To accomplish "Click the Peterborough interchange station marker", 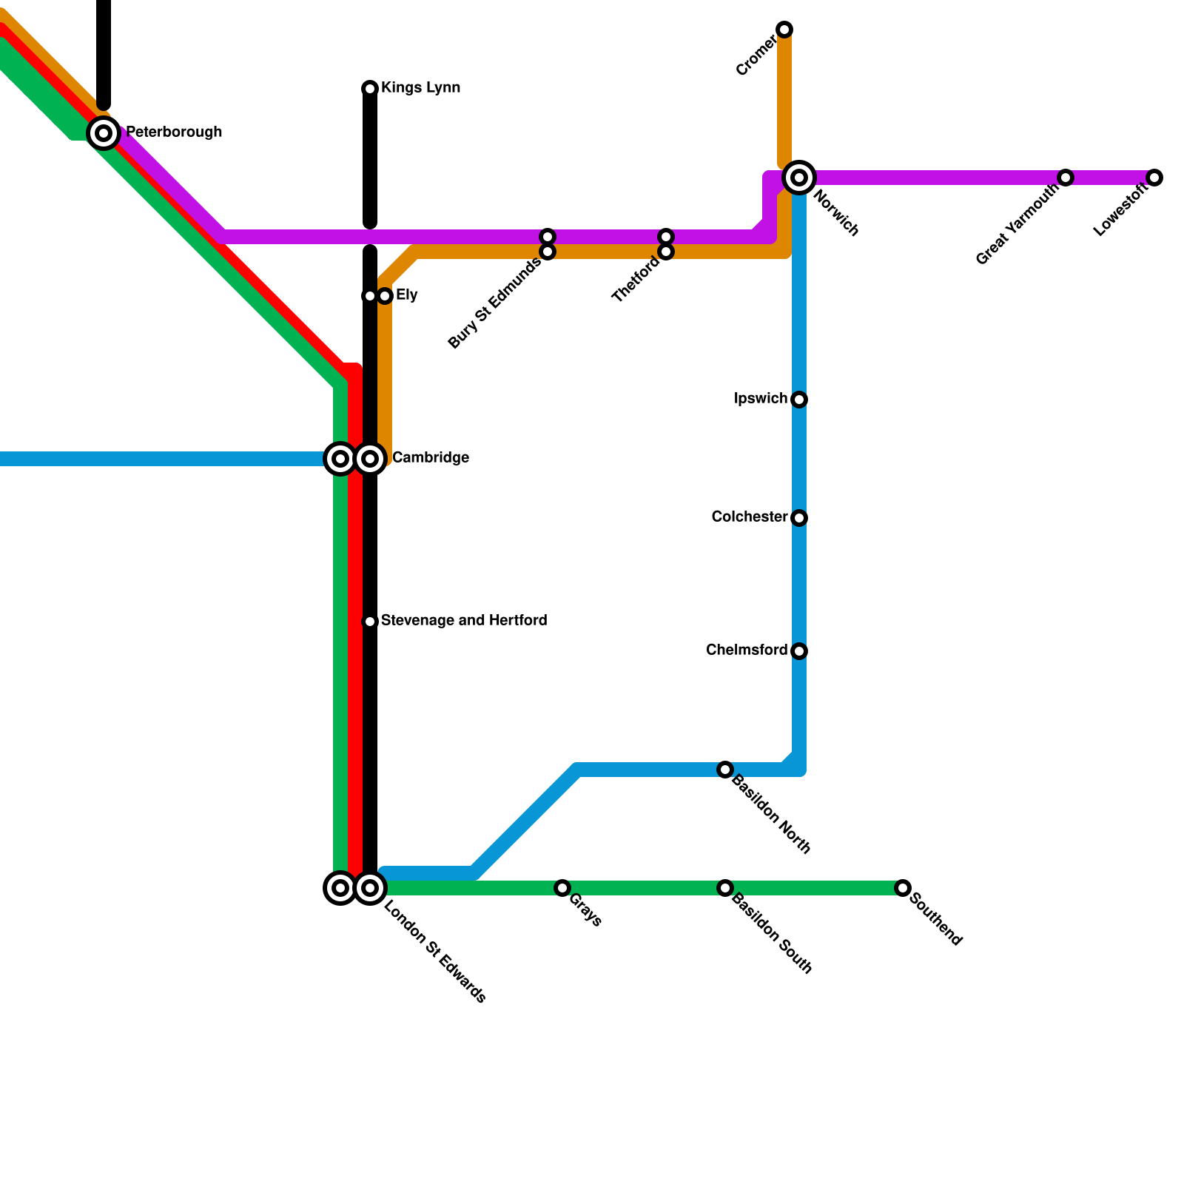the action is point(104,133).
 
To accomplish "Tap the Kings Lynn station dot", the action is point(370,89).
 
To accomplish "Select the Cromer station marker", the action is point(784,30).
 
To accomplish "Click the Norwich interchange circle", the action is point(799,178).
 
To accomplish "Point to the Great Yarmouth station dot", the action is point(1066,178).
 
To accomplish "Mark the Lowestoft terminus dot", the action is point(1154,178).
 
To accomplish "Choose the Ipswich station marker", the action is point(799,400).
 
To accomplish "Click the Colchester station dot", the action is point(799,518).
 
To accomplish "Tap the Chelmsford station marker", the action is point(799,651).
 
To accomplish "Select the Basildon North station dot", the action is point(725,770).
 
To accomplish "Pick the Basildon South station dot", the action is point(725,888).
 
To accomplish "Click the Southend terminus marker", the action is point(903,888).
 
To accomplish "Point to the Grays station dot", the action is point(562,888).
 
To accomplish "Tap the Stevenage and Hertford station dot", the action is point(370,622).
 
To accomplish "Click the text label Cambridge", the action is point(430,458).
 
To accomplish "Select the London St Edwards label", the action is point(435,952).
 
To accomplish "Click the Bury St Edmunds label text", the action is point(494,303).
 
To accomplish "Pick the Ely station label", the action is point(406,295).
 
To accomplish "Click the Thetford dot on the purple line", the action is point(666,237).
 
